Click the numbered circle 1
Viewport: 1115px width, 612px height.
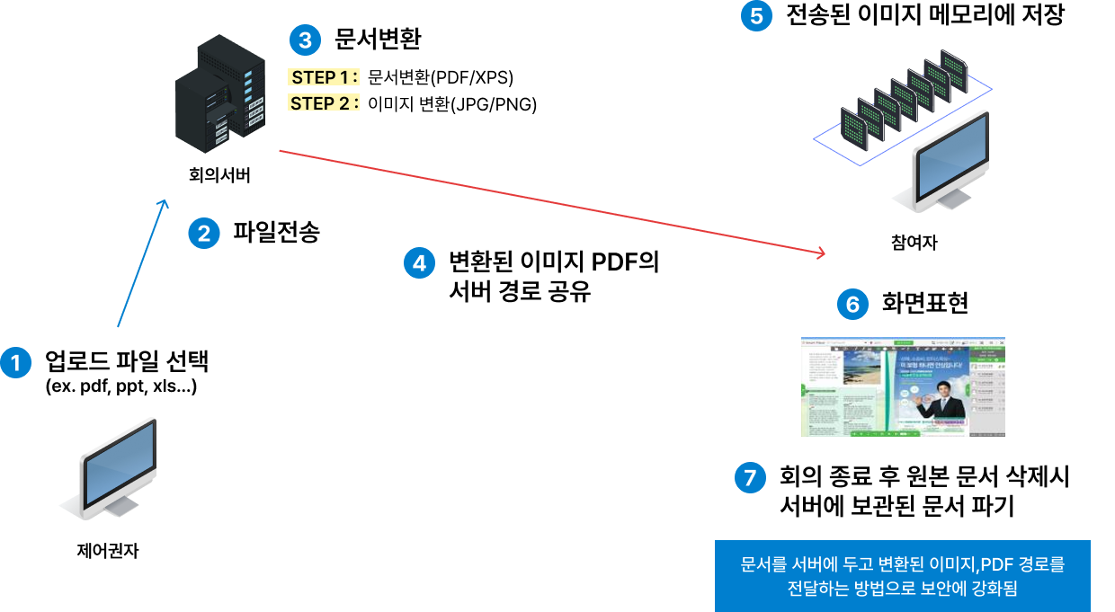(15, 362)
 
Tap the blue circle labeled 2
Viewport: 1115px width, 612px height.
(204, 234)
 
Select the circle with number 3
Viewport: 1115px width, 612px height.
(305, 40)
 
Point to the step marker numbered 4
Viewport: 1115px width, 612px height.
(419, 263)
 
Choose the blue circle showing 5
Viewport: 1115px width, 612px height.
(756, 16)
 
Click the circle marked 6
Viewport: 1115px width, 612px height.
(852, 305)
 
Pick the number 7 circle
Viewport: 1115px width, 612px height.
(750, 476)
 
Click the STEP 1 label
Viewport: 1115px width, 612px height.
(324, 77)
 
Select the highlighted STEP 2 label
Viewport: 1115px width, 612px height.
(324, 103)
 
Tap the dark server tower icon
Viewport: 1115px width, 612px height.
(221, 94)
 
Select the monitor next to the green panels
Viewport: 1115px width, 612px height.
(950, 162)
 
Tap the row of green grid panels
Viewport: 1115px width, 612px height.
(903, 99)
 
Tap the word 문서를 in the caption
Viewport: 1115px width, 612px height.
(764, 565)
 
